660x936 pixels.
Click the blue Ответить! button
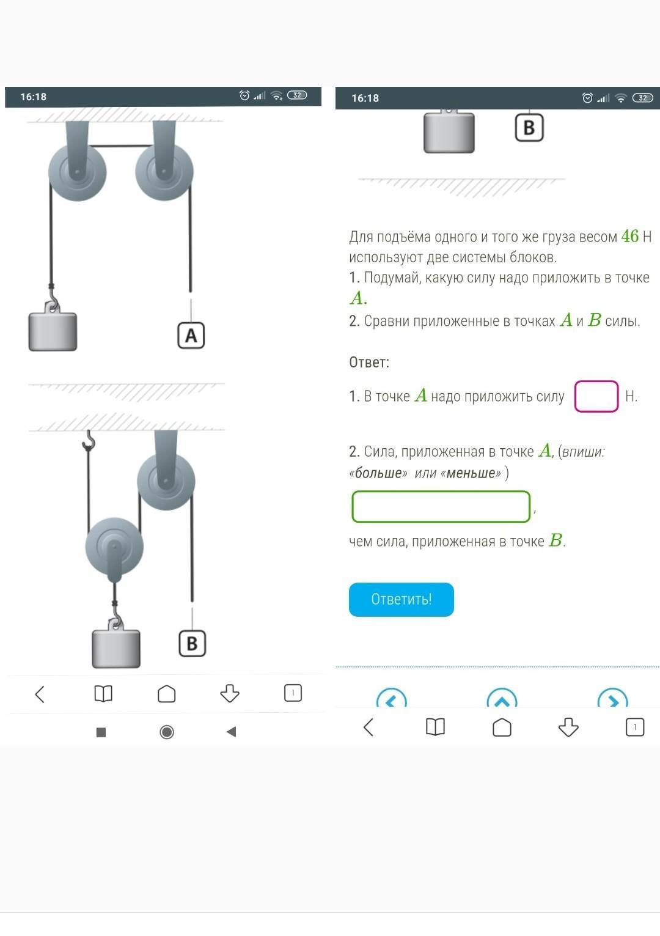pos(401,599)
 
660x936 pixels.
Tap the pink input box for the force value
pos(596,396)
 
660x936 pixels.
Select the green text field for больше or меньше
pos(441,506)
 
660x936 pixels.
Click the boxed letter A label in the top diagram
pos(191,335)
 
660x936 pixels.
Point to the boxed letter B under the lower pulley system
pos(192,644)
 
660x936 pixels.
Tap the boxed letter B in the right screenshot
pos(529,127)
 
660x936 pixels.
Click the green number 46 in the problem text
pos(630,236)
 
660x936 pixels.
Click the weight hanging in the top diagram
pos(53,326)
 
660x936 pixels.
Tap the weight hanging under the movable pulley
pos(116,644)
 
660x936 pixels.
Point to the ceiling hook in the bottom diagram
pos(89,440)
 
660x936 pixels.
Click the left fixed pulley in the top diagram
pos(77,172)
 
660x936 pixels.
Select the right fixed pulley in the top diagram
pos(164,172)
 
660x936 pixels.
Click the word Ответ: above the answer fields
pos(369,363)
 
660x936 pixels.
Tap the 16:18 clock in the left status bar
pos(34,97)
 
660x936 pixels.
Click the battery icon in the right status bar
pos(642,98)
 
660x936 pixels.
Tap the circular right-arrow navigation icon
pos(612,698)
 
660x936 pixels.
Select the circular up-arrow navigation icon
pos(502,698)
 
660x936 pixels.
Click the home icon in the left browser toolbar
pos(166,694)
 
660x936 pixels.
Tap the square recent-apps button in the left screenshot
pos(101,732)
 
